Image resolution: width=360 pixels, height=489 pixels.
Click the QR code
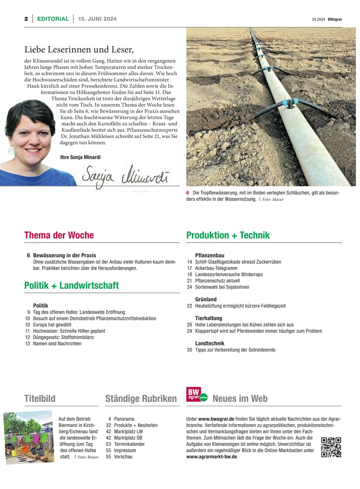pos(331,447)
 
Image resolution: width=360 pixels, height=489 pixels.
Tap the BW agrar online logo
pos(196,395)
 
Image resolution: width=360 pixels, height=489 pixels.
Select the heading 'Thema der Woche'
pos(59,235)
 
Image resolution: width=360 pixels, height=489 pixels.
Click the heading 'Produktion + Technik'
pos(228,235)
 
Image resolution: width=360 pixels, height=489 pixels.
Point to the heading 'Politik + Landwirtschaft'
pos(71,285)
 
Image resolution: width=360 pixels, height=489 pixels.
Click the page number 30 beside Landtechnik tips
pos(189,350)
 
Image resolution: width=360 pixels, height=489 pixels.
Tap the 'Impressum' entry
pos(125,450)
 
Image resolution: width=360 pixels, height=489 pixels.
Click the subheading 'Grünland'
pos(206,299)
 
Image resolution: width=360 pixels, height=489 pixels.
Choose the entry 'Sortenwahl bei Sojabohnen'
pos(222,287)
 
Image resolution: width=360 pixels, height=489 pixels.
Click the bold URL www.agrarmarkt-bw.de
pos(211,457)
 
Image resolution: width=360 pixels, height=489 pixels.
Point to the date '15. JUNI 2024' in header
pos(97,19)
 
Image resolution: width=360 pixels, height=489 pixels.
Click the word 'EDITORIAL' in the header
pos(53,19)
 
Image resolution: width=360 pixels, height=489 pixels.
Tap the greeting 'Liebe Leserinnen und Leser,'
pos(79,50)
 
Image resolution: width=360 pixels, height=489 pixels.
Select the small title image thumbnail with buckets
pos(29,438)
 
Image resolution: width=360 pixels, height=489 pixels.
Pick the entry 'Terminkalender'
pos(130,444)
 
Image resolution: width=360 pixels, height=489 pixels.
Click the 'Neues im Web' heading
pos(240,398)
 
